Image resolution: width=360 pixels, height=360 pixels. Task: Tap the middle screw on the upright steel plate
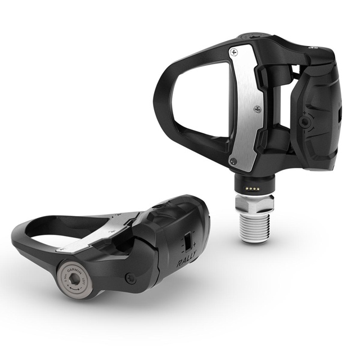(x=256, y=109)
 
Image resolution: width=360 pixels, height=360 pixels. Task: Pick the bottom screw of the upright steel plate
(x=235, y=161)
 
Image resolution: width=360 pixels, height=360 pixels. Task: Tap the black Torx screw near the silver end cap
(x=130, y=277)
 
